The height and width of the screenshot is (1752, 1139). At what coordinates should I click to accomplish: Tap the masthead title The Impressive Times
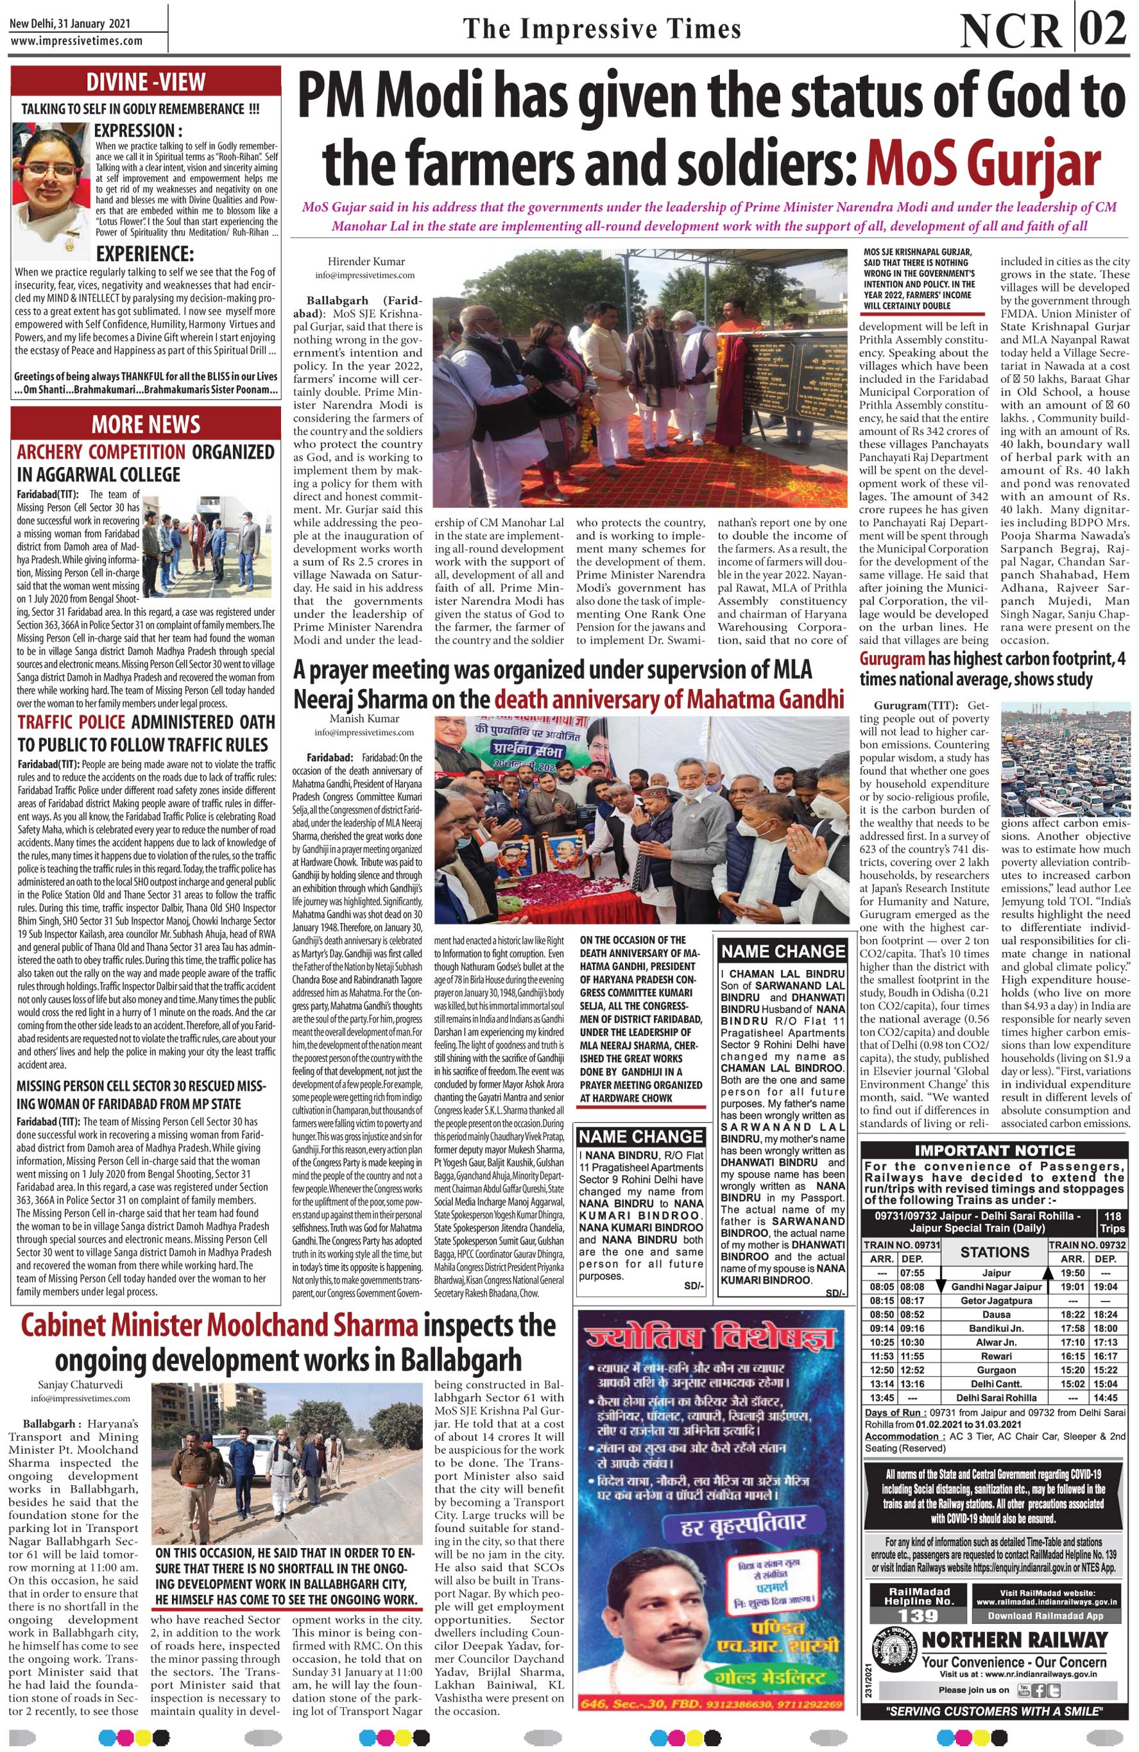pos(601,29)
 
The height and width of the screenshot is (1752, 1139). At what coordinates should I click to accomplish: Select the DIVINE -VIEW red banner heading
pos(145,81)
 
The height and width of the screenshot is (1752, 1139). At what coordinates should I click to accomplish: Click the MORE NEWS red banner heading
pos(145,425)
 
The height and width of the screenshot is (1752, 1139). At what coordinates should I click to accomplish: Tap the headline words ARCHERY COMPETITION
pos(101,450)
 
